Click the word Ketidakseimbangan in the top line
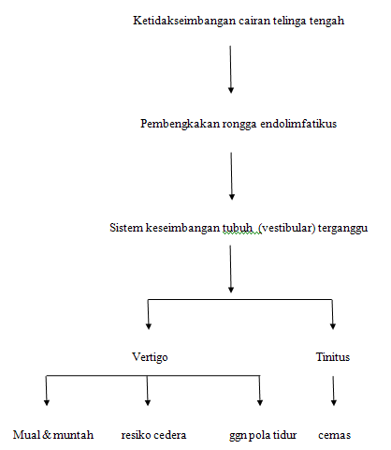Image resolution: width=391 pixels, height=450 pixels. [184, 21]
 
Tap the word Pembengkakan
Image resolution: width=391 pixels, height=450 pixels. [181, 124]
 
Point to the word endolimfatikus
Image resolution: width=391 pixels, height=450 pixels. [298, 124]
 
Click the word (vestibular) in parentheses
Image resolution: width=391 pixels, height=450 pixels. [287, 228]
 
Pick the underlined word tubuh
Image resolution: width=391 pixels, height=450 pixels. [238, 228]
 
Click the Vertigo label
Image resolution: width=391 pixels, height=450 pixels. [150, 357]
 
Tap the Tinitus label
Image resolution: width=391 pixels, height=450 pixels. [333, 357]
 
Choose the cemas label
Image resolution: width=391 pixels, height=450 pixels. [334, 435]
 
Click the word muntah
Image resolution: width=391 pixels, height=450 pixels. [73, 435]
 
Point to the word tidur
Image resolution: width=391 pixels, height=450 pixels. [284, 435]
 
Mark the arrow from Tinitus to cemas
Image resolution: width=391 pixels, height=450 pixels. [333, 391]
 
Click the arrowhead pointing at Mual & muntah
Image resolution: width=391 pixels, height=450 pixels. [47, 402]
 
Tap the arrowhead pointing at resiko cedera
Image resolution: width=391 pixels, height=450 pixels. [148, 402]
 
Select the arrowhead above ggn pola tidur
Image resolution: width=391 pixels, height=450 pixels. [260, 402]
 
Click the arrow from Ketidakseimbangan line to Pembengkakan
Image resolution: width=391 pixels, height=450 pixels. [231, 69]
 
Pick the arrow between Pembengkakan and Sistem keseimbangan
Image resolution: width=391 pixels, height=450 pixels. [232, 176]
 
